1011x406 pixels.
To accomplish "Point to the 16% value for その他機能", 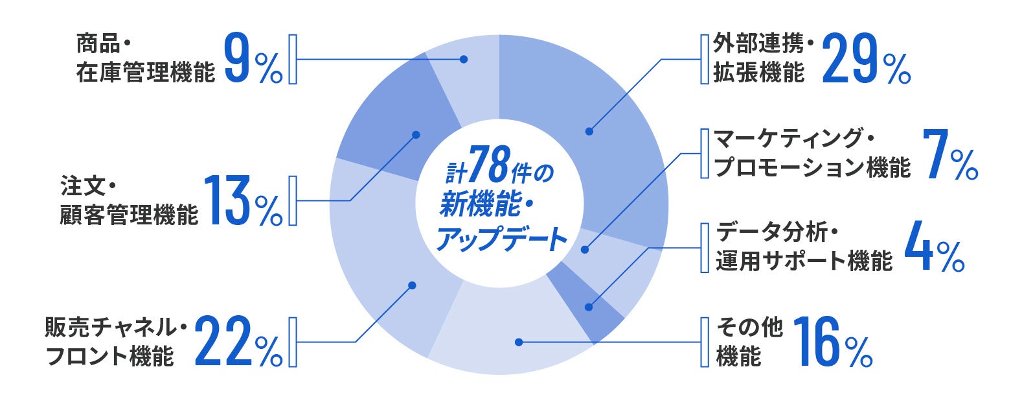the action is pyautogui.click(x=832, y=341).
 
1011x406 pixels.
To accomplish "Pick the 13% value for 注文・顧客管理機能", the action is pyautogui.click(x=243, y=200).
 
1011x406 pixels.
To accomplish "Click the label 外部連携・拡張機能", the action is pyautogui.click(x=758, y=59).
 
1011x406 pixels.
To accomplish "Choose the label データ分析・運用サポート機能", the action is pyautogui.click(x=804, y=247).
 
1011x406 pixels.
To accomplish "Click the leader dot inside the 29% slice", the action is pyautogui.click(x=589, y=132).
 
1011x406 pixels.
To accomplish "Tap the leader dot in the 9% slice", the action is pyautogui.click(x=464, y=59).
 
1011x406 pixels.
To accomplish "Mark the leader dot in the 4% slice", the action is pyautogui.click(x=589, y=307).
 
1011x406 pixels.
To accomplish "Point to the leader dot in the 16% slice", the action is pyautogui.click(x=517, y=341).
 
